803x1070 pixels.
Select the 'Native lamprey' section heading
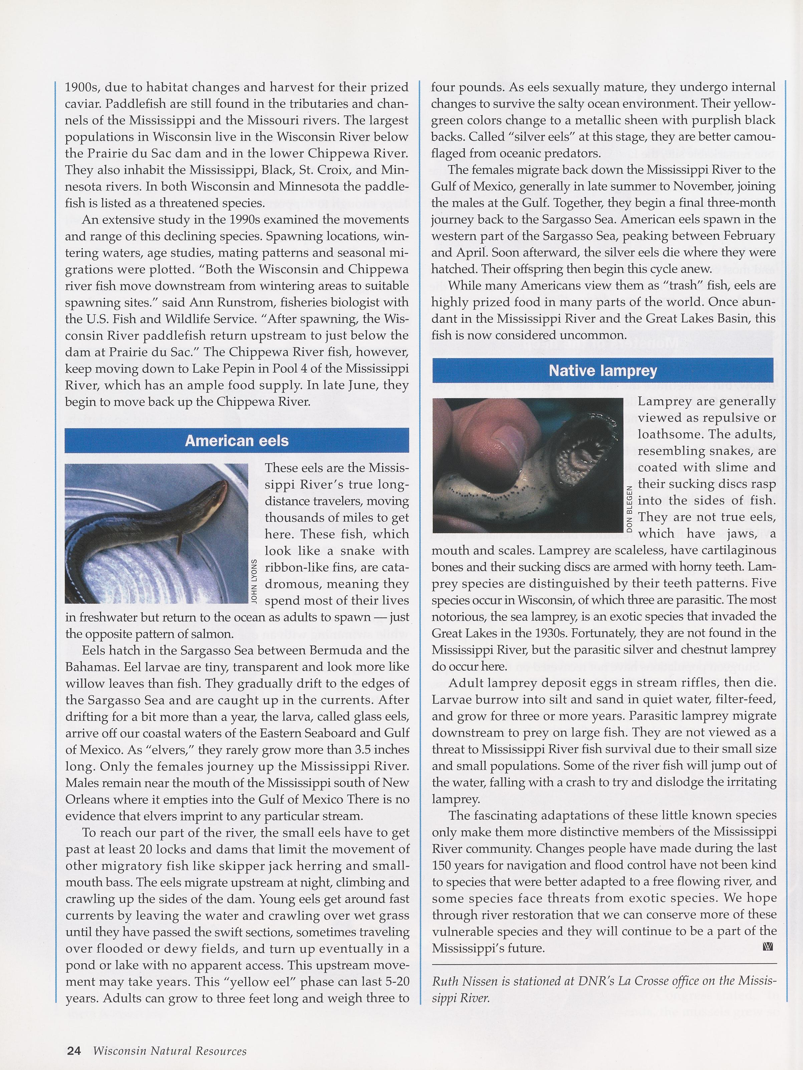tap(603, 371)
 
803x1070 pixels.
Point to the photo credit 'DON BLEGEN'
tap(629, 508)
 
